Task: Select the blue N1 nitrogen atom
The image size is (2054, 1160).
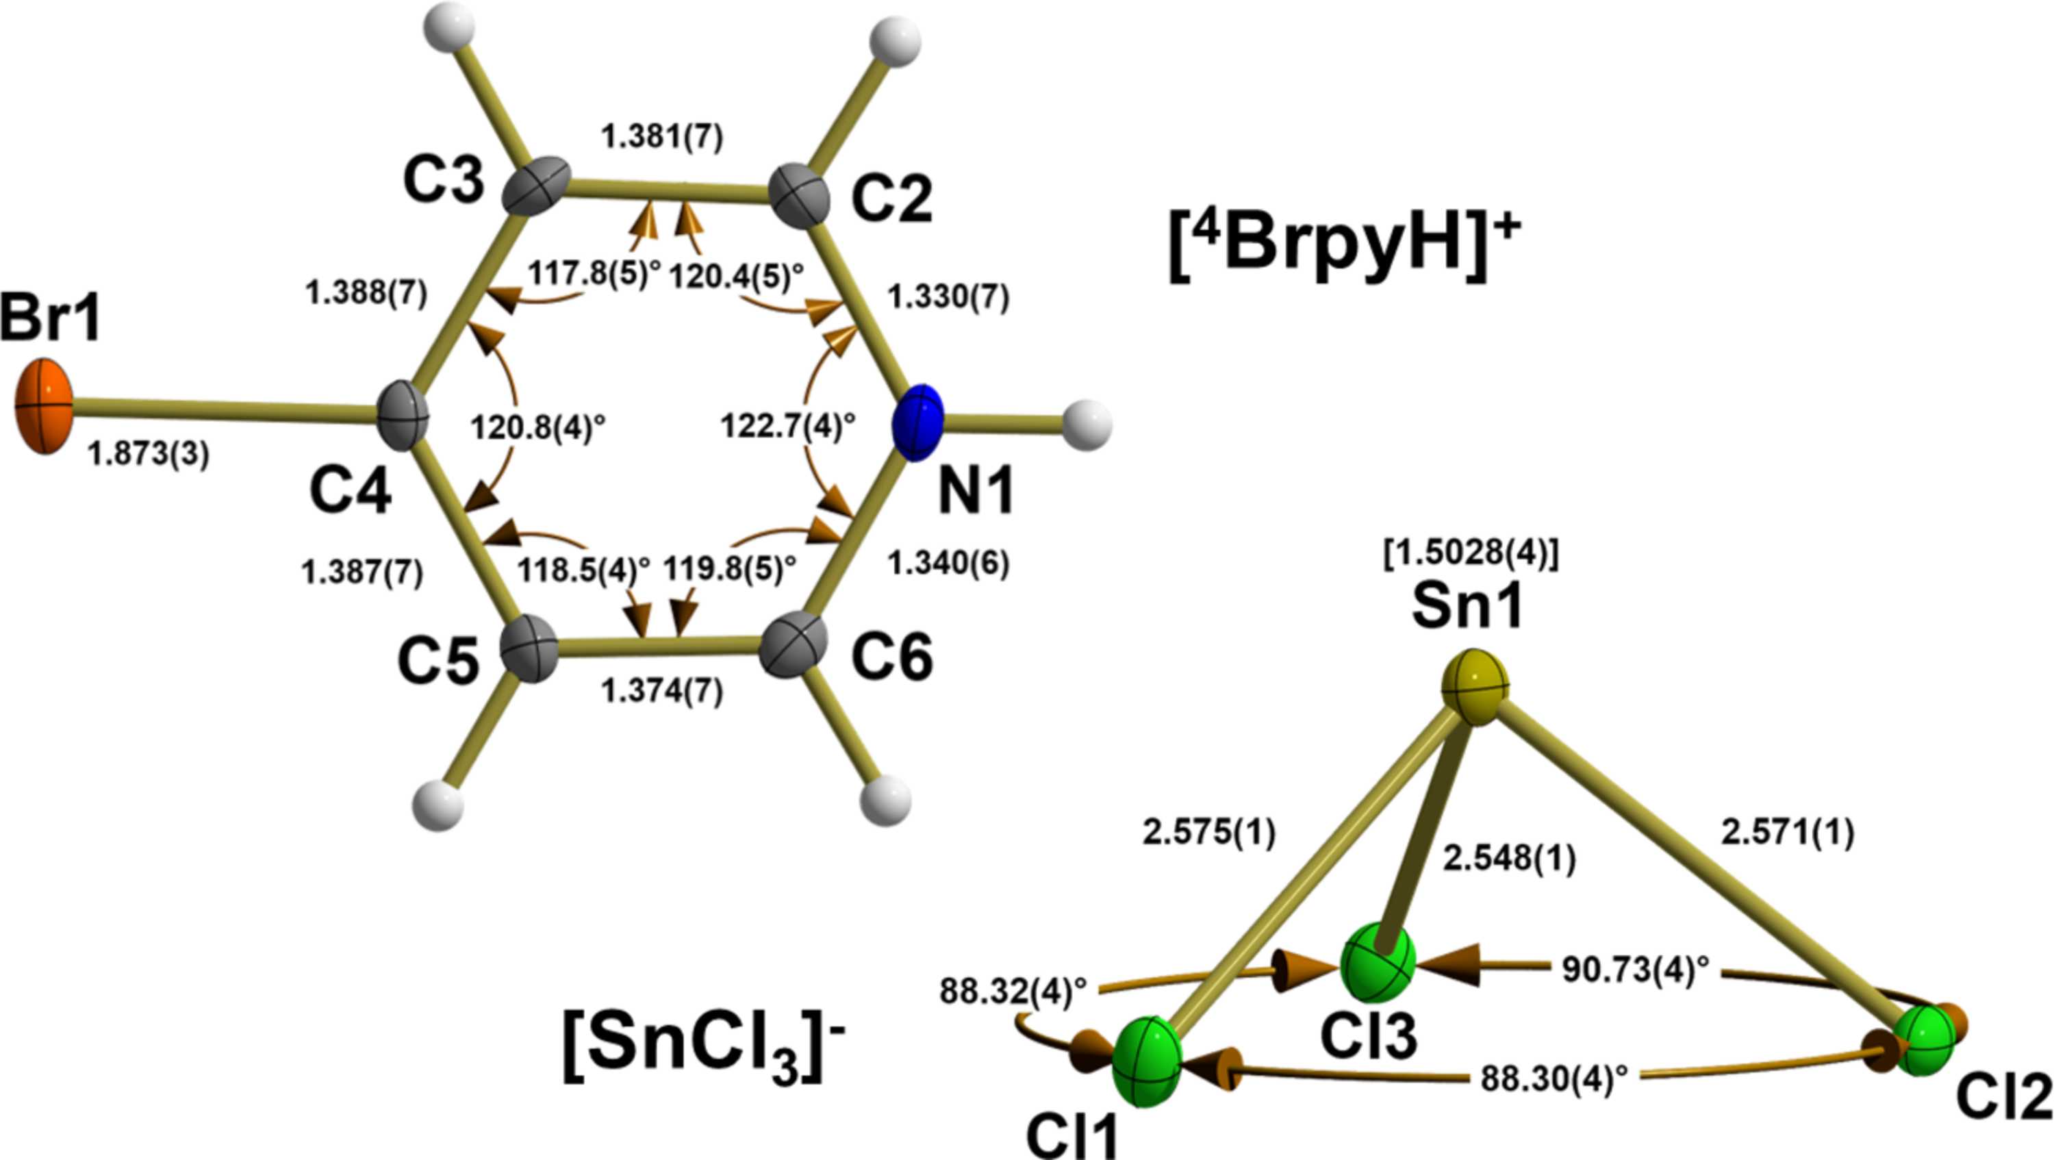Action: (x=917, y=423)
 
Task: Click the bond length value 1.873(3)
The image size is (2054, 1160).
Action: (x=149, y=455)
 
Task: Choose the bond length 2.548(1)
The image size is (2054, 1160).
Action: (x=1510, y=859)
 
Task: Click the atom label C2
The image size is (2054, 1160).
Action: (x=891, y=201)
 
